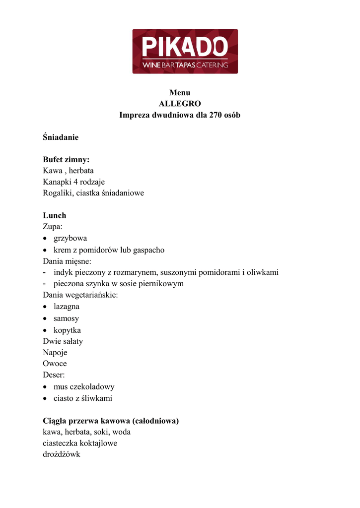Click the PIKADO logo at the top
pyautogui.click(x=185, y=51)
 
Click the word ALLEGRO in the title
pyautogui.click(x=180, y=104)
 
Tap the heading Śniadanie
pyautogui.click(x=61, y=137)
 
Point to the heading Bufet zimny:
pyautogui.click(x=66, y=160)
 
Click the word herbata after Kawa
pyautogui.click(x=81, y=171)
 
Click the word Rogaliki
pyautogui.click(x=57, y=193)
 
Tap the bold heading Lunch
pyautogui.click(x=55, y=216)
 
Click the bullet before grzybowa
pyautogui.click(x=45, y=239)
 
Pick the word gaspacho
pyautogui.click(x=148, y=250)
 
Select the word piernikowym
pyautogui.click(x=162, y=284)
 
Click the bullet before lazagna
pyautogui.click(x=45, y=307)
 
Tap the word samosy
pyautogui.click(x=66, y=318)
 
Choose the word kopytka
pyautogui.click(x=67, y=330)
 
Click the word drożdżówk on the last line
pyautogui.click(x=62, y=454)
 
